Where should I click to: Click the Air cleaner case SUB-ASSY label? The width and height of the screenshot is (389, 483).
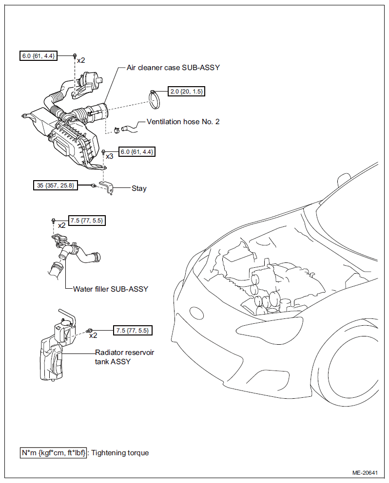173,68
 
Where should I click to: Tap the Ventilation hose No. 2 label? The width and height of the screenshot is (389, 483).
183,122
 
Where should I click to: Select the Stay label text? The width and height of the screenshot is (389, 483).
139,188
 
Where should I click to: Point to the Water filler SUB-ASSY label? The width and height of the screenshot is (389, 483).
111,289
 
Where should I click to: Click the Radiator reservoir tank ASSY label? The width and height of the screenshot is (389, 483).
124,357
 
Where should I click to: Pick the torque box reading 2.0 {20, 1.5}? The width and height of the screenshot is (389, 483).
186,92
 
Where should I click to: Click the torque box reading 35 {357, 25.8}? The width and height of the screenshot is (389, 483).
56,186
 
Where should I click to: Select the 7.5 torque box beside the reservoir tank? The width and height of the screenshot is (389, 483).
133,331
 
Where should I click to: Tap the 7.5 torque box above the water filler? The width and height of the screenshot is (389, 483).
87,221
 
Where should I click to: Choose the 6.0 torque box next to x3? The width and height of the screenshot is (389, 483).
136,152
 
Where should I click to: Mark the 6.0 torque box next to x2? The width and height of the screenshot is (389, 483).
38,56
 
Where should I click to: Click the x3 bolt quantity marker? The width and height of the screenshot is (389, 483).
110,156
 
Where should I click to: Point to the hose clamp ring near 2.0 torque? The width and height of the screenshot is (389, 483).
155,99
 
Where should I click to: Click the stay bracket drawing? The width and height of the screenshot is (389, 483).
106,187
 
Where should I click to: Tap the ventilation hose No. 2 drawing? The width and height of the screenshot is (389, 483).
130,128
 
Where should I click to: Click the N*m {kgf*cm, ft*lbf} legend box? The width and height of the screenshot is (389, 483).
53,453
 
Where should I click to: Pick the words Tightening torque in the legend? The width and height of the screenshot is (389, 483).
120,453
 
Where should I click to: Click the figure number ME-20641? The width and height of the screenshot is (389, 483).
365,473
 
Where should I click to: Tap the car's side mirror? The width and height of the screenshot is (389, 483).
344,179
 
